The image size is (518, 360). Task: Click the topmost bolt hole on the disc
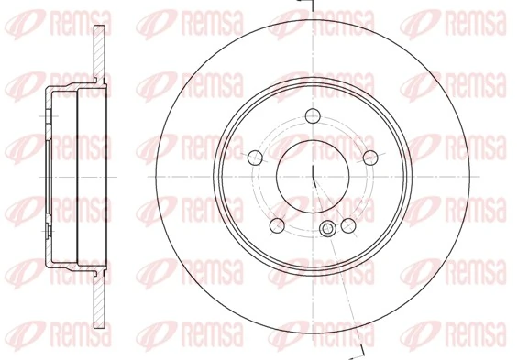tap(313, 115)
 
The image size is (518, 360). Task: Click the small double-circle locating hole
tap(328, 229)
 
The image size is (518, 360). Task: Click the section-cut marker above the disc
tap(312, 6)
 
